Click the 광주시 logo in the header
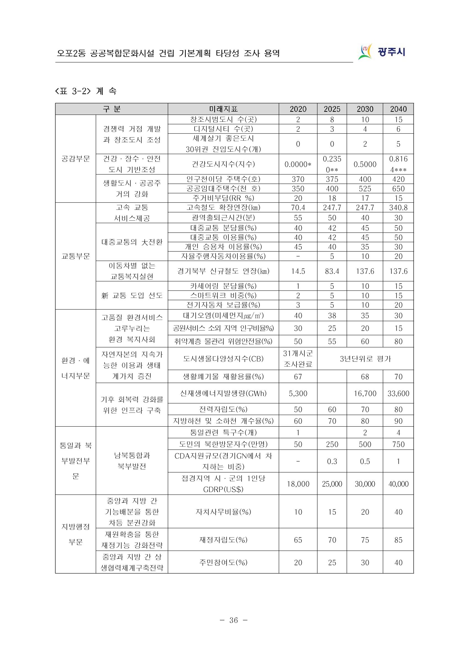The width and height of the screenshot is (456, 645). [x=382, y=52]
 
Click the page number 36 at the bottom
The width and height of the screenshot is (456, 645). [x=233, y=620]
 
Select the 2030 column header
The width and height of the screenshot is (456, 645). [x=365, y=109]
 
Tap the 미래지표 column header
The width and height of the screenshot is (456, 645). [x=223, y=109]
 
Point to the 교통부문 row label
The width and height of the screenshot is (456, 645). [x=76, y=256]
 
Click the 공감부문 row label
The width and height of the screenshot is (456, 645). [x=76, y=159]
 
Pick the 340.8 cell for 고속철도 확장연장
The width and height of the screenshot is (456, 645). [x=398, y=208]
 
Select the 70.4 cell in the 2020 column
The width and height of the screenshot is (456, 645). [x=298, y=208]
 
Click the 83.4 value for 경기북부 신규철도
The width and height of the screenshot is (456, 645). [x=332, y=271]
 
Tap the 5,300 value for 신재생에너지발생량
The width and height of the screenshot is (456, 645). [x=298, y=393]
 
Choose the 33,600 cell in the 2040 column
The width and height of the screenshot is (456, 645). [x=398, y=393]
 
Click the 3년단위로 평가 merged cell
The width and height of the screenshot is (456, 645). [x=365, y=359]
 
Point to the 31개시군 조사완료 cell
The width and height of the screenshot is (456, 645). [x=298, y=359]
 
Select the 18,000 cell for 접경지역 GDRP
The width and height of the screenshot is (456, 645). [x=298, y=484]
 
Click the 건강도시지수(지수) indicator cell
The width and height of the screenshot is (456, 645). [x=223, y=164]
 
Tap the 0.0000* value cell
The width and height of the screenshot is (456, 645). [x=298, y=164]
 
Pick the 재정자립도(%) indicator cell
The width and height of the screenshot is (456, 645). [x=223, y=540]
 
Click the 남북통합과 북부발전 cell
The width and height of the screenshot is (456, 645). [x=132, y=461]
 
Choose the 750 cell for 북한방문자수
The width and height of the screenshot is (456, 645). [x=398, y=444]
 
